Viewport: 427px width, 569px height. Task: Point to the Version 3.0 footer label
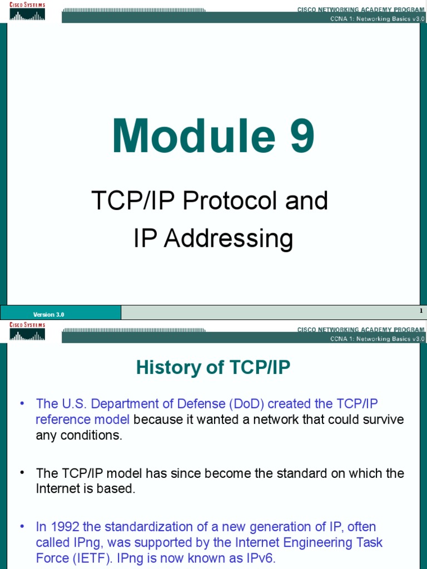tap(49, 315)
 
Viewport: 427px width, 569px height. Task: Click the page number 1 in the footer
tap(421, 311)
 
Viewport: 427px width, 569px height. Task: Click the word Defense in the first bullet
tap(187, 403)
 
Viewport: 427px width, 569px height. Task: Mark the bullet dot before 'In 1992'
tap(22, 526)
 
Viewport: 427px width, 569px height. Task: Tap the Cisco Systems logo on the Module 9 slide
tap(27, 11)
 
